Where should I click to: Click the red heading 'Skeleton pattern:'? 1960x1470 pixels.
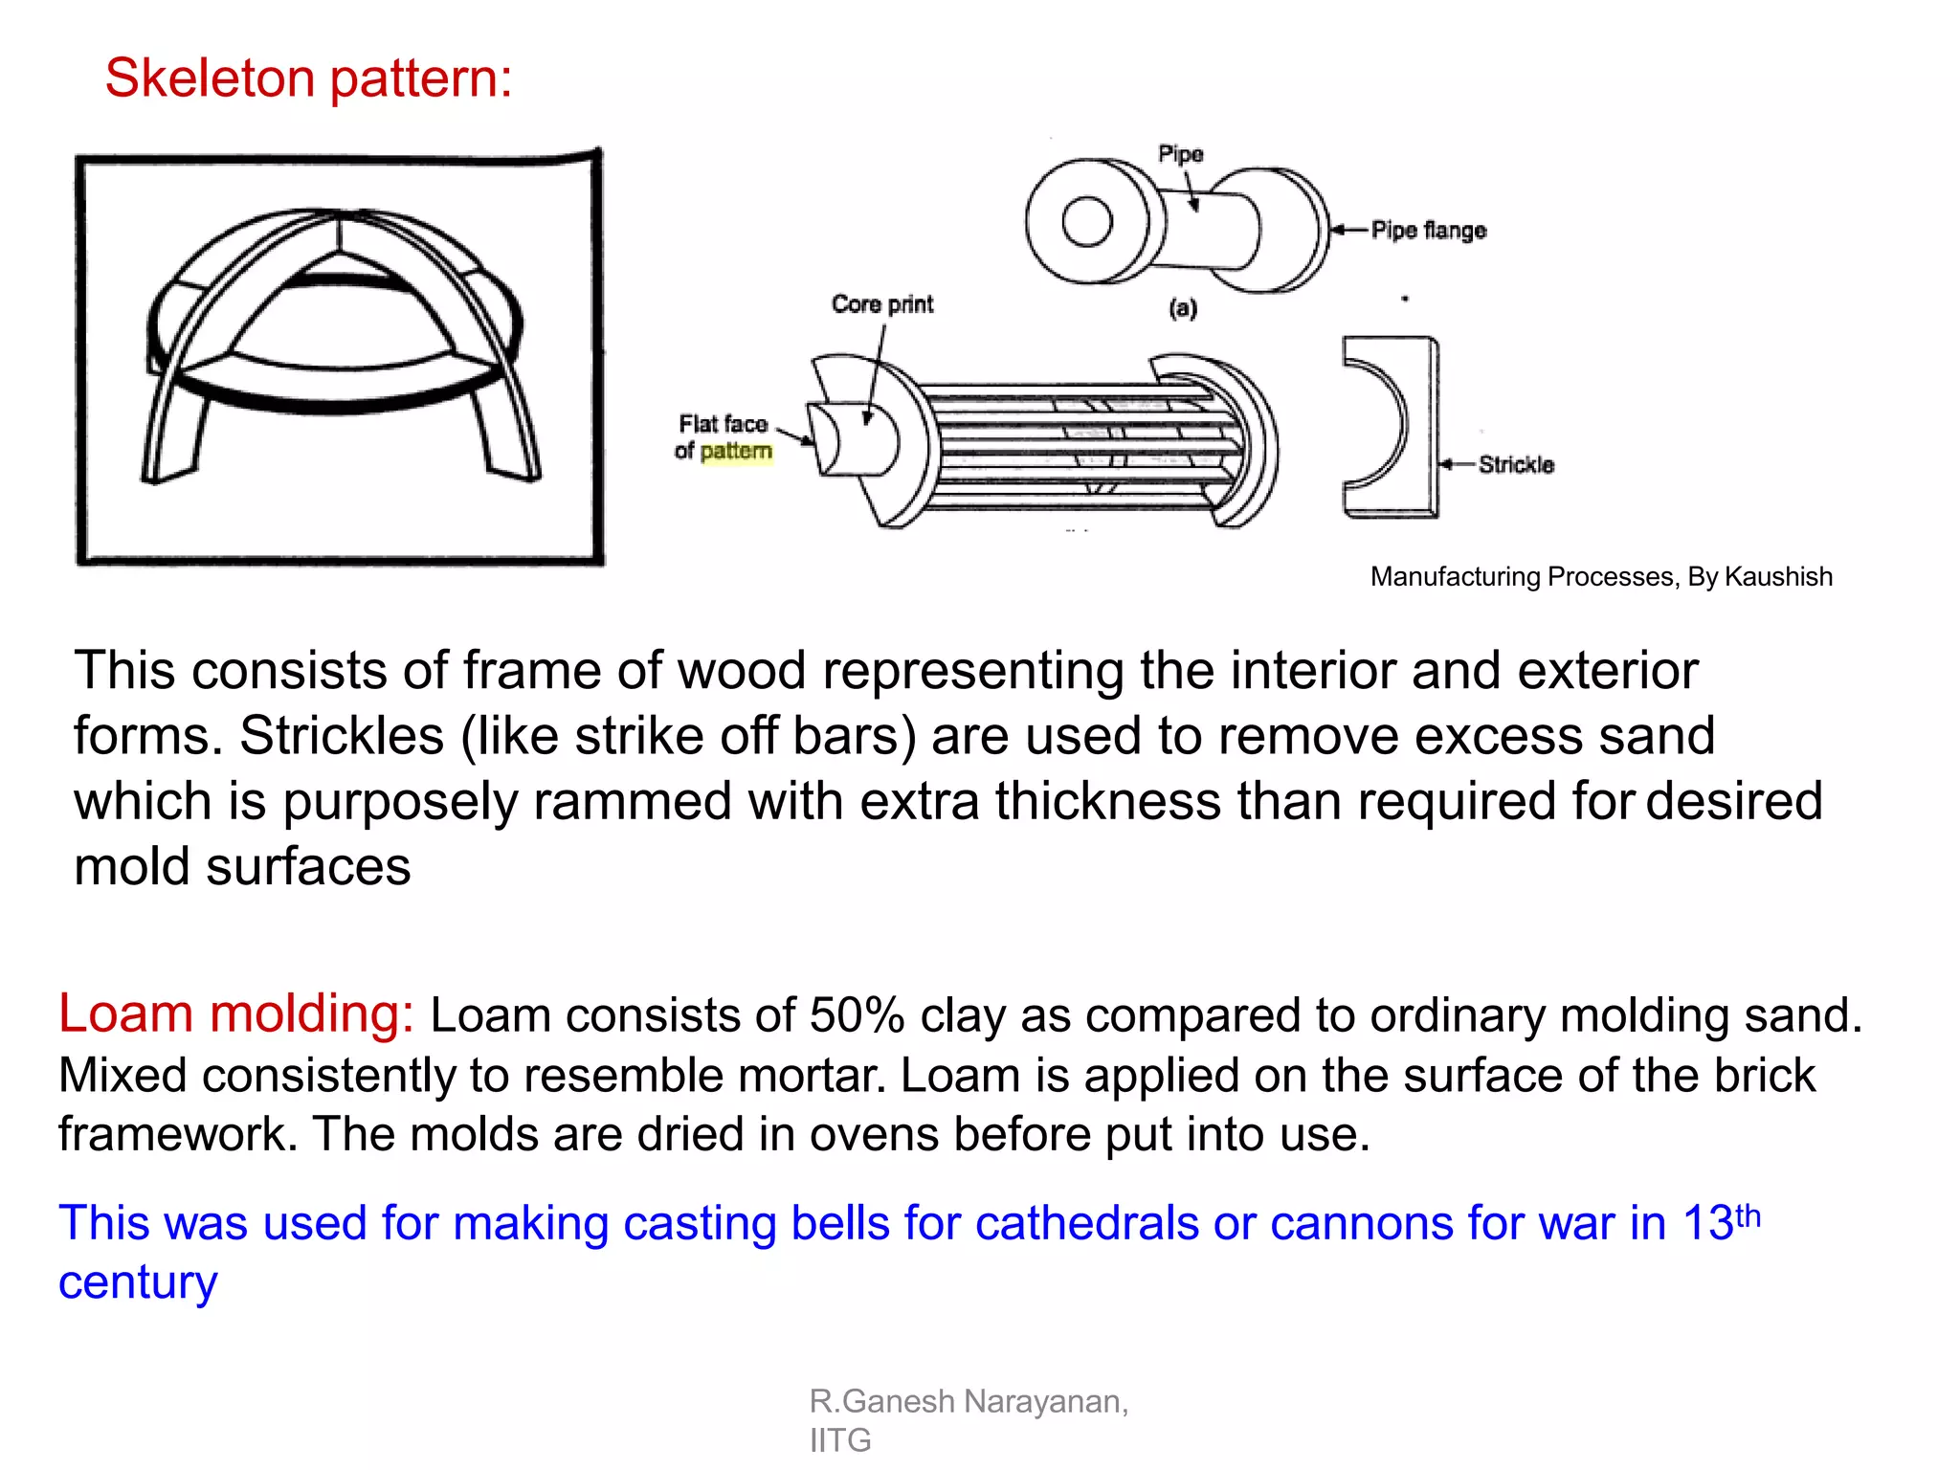pyautogui.click(x=308, y=78)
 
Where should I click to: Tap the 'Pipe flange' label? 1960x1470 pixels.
pyautogui.click(x=1428, y=230)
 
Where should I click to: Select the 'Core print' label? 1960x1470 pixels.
pyautogui.click(x=881, y=304)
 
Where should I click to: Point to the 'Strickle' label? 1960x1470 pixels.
pyautogui.click(x=1516, y=464)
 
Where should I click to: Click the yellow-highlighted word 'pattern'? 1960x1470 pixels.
pyautogui.click(x=735, y=451)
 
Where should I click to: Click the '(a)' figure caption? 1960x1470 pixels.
pyautogui.click(x=1183, y=308)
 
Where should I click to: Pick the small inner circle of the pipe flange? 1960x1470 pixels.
pyautogui.click(x=1087, y=222)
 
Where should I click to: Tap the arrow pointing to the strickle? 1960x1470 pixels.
pyautogui.click(x=1458, y=464)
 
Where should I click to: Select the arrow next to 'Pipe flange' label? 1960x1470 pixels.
pyautogui.click(x=1349, y=230)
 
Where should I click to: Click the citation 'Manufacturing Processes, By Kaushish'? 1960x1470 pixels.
pyautogui.click(x=1601, y=576)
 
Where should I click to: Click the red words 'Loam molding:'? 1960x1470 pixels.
pyautogui.click(x=235, y=1013)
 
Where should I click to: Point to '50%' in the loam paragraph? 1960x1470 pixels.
pyautogui.click(x=857, y=1015)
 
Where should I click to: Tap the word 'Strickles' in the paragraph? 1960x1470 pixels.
pyautogui.click(x=342, y=736)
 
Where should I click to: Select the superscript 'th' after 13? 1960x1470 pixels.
pyautogui.click(x=1748, y=1215)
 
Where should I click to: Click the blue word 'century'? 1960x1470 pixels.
pyautogui.click(x=138, y=1282)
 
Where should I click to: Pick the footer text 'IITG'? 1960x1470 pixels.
pyautogui.click(x=839, y=1440)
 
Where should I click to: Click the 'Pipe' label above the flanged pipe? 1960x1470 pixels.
pyautogui.click(x=1180, y=154)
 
